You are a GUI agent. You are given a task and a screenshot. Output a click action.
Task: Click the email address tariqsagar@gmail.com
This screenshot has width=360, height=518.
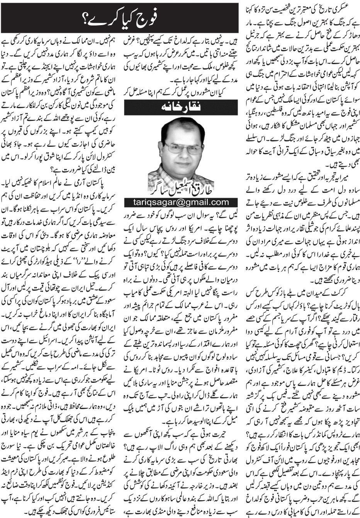pyautogui.click(x=177, y=202)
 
